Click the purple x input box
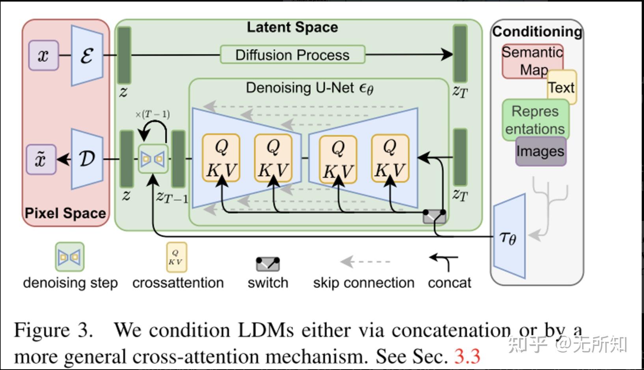pos(44,55)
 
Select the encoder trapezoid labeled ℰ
pos(87,56)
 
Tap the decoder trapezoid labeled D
pos(87,159)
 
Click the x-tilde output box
pos(41,159)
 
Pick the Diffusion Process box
pos(293,54)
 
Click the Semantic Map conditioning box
pos(532,61)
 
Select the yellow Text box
pos(562,87)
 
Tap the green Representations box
pos(536,120)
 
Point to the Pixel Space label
pos(65,213)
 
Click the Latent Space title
pos(292,27)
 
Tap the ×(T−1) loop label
pos(153,114)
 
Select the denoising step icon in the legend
pos(70,257)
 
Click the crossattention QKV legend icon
pos(177,257)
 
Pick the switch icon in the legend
pos(268,264)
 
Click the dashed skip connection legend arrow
pos(365,262)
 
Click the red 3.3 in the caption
pos(467,356)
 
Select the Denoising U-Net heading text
pos(310,88)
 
